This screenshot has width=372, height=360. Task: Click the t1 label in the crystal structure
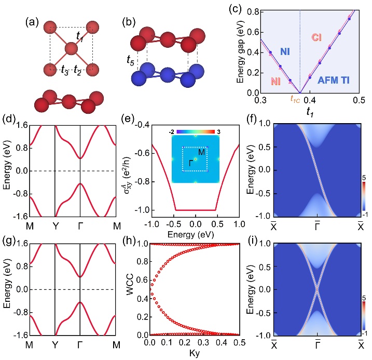tap(80, 37)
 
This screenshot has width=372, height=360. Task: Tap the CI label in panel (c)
tap(317, 37)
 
